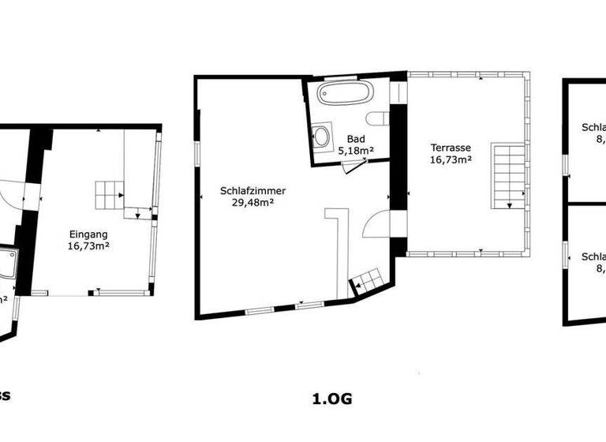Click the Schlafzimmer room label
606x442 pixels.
253,191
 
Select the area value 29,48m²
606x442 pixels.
253,203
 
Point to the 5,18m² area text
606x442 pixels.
355,150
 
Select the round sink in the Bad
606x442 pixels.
323,136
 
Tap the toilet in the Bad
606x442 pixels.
382,119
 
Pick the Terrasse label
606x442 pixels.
451,148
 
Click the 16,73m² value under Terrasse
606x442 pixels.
451,159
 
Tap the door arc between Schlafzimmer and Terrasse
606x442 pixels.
372,225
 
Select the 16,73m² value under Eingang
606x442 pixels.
88,246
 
